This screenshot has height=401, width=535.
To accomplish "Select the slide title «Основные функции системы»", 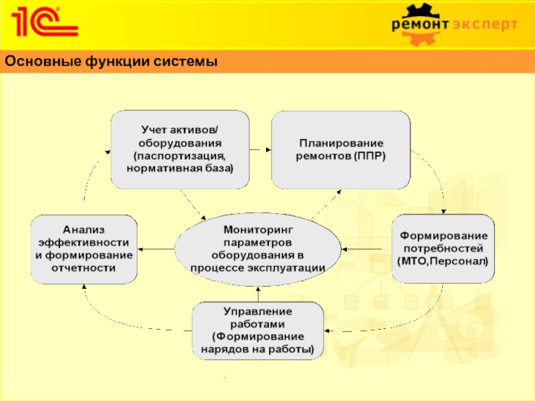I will click(111, 62).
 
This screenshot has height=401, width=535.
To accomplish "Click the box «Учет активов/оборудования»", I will click(180, 148).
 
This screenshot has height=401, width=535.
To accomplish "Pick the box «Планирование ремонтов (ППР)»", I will click(340, 148).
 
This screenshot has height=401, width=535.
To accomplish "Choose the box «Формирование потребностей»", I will click(443, 248).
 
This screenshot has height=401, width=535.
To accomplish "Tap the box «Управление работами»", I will click(257, 330).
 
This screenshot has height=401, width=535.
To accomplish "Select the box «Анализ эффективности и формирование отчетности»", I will click(84, 248).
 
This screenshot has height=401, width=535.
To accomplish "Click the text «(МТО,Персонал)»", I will click(443, 261).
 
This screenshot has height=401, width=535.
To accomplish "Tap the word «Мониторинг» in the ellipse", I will click(258, 230).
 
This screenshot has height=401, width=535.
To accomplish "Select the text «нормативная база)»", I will click(180, 168).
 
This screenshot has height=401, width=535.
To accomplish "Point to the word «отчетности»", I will click(84, 267).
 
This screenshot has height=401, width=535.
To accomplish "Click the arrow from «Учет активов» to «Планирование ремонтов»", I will click(260, 148).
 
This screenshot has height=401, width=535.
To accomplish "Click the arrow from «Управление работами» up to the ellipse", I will click(257, 294).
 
